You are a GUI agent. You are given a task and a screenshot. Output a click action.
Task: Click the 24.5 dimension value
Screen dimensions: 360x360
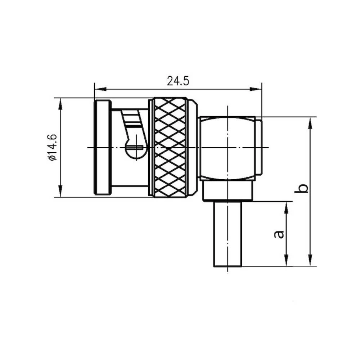(x=178, y=81)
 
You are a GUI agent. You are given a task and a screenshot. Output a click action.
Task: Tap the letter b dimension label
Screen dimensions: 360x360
(x=303, y=188)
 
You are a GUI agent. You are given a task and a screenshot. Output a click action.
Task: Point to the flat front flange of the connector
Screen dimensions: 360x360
(x=102, y=148)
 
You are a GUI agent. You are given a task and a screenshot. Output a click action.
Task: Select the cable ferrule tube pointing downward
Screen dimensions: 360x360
(x=228, y=234)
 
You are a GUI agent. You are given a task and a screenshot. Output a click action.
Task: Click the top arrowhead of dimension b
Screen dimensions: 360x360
(x=310, y=122)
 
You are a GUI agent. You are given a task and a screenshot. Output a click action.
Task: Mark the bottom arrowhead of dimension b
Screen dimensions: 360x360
(x=310, y=261)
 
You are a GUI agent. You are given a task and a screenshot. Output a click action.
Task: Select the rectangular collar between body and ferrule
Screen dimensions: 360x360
(x=227, y=191)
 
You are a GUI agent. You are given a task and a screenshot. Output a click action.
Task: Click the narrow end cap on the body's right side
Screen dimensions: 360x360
(x=258, y=148)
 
